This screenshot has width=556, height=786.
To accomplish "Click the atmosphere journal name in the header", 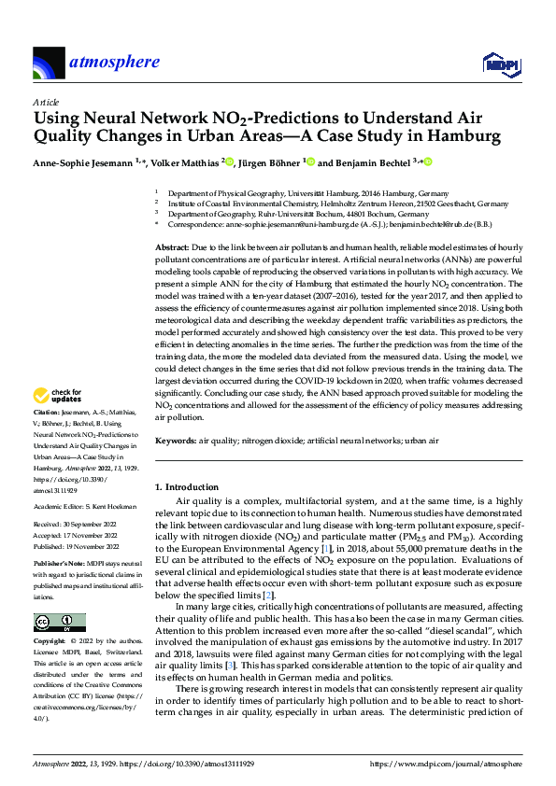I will click(x=113, y=63).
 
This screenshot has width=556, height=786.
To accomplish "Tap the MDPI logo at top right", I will click(x=500, y=63).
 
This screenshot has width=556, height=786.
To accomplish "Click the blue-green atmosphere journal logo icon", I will click(x=49, y=63).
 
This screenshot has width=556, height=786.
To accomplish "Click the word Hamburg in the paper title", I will click(x=460, y=136).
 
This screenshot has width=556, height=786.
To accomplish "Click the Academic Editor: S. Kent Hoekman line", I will click(x=84, y=506).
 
